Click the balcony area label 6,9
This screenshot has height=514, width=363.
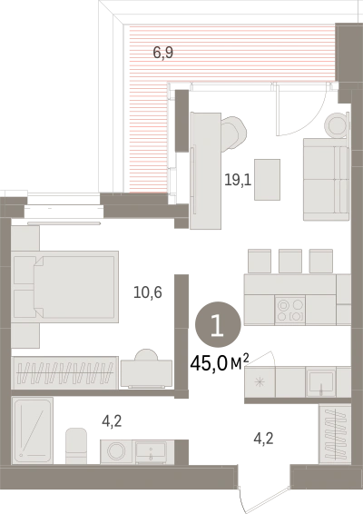(163, 53)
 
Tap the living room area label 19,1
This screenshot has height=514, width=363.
(238, 180)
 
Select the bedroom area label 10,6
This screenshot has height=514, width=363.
(148, 292)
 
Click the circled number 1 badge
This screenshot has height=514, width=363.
(218, 324)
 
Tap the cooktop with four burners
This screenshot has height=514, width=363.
(289, 311)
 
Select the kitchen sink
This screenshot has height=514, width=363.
(321, 382)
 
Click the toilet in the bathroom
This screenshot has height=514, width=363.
(76, 446)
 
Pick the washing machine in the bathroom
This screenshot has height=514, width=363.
(116, 451)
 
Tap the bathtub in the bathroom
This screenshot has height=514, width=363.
(32, 430)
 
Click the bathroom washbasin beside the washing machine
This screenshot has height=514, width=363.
(151, 451)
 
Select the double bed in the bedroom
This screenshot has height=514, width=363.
(64, 287)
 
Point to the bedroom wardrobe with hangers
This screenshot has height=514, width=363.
(64, 372)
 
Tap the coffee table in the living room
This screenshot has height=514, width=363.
(268, 180)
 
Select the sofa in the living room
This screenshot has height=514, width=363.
(325, 179)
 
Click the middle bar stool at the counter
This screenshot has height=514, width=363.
(290, 261)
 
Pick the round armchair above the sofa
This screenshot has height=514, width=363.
(336, 124)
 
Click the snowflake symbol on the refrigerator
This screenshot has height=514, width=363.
(260, 382)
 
